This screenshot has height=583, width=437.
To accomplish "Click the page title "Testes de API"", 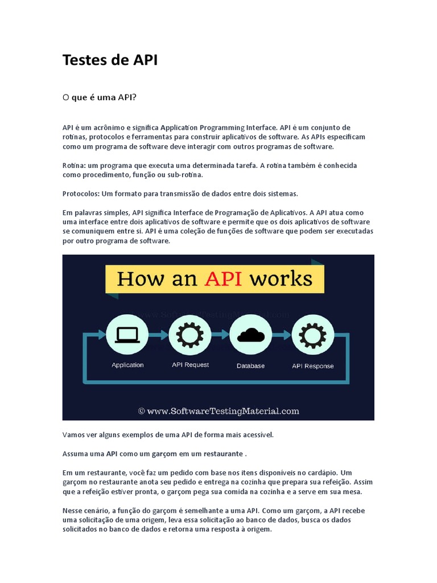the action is tap(110, 60).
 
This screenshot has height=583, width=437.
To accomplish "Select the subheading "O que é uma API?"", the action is tap(100, 97).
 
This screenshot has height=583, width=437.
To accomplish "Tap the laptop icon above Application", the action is tap(127, 335).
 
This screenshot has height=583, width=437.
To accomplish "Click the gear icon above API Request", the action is tap(190, 335).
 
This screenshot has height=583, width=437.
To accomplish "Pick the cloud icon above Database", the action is tap(250, 335).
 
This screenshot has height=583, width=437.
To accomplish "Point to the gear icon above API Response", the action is tap(312, 335).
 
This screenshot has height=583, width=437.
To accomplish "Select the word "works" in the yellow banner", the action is tap(283, 279).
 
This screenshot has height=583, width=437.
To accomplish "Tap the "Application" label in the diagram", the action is tap(127, 365).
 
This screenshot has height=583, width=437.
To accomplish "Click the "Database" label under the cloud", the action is tap(250, 366).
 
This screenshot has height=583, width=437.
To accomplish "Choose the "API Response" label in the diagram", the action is tap(312, 366).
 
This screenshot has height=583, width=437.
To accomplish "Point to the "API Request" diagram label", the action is tap(190, 365).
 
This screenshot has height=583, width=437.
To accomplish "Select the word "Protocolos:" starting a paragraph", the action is tap(81, 194).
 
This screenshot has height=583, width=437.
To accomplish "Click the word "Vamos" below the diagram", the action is tap(75, 434).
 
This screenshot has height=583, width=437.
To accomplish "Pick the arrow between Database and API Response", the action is tap(281, 335).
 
